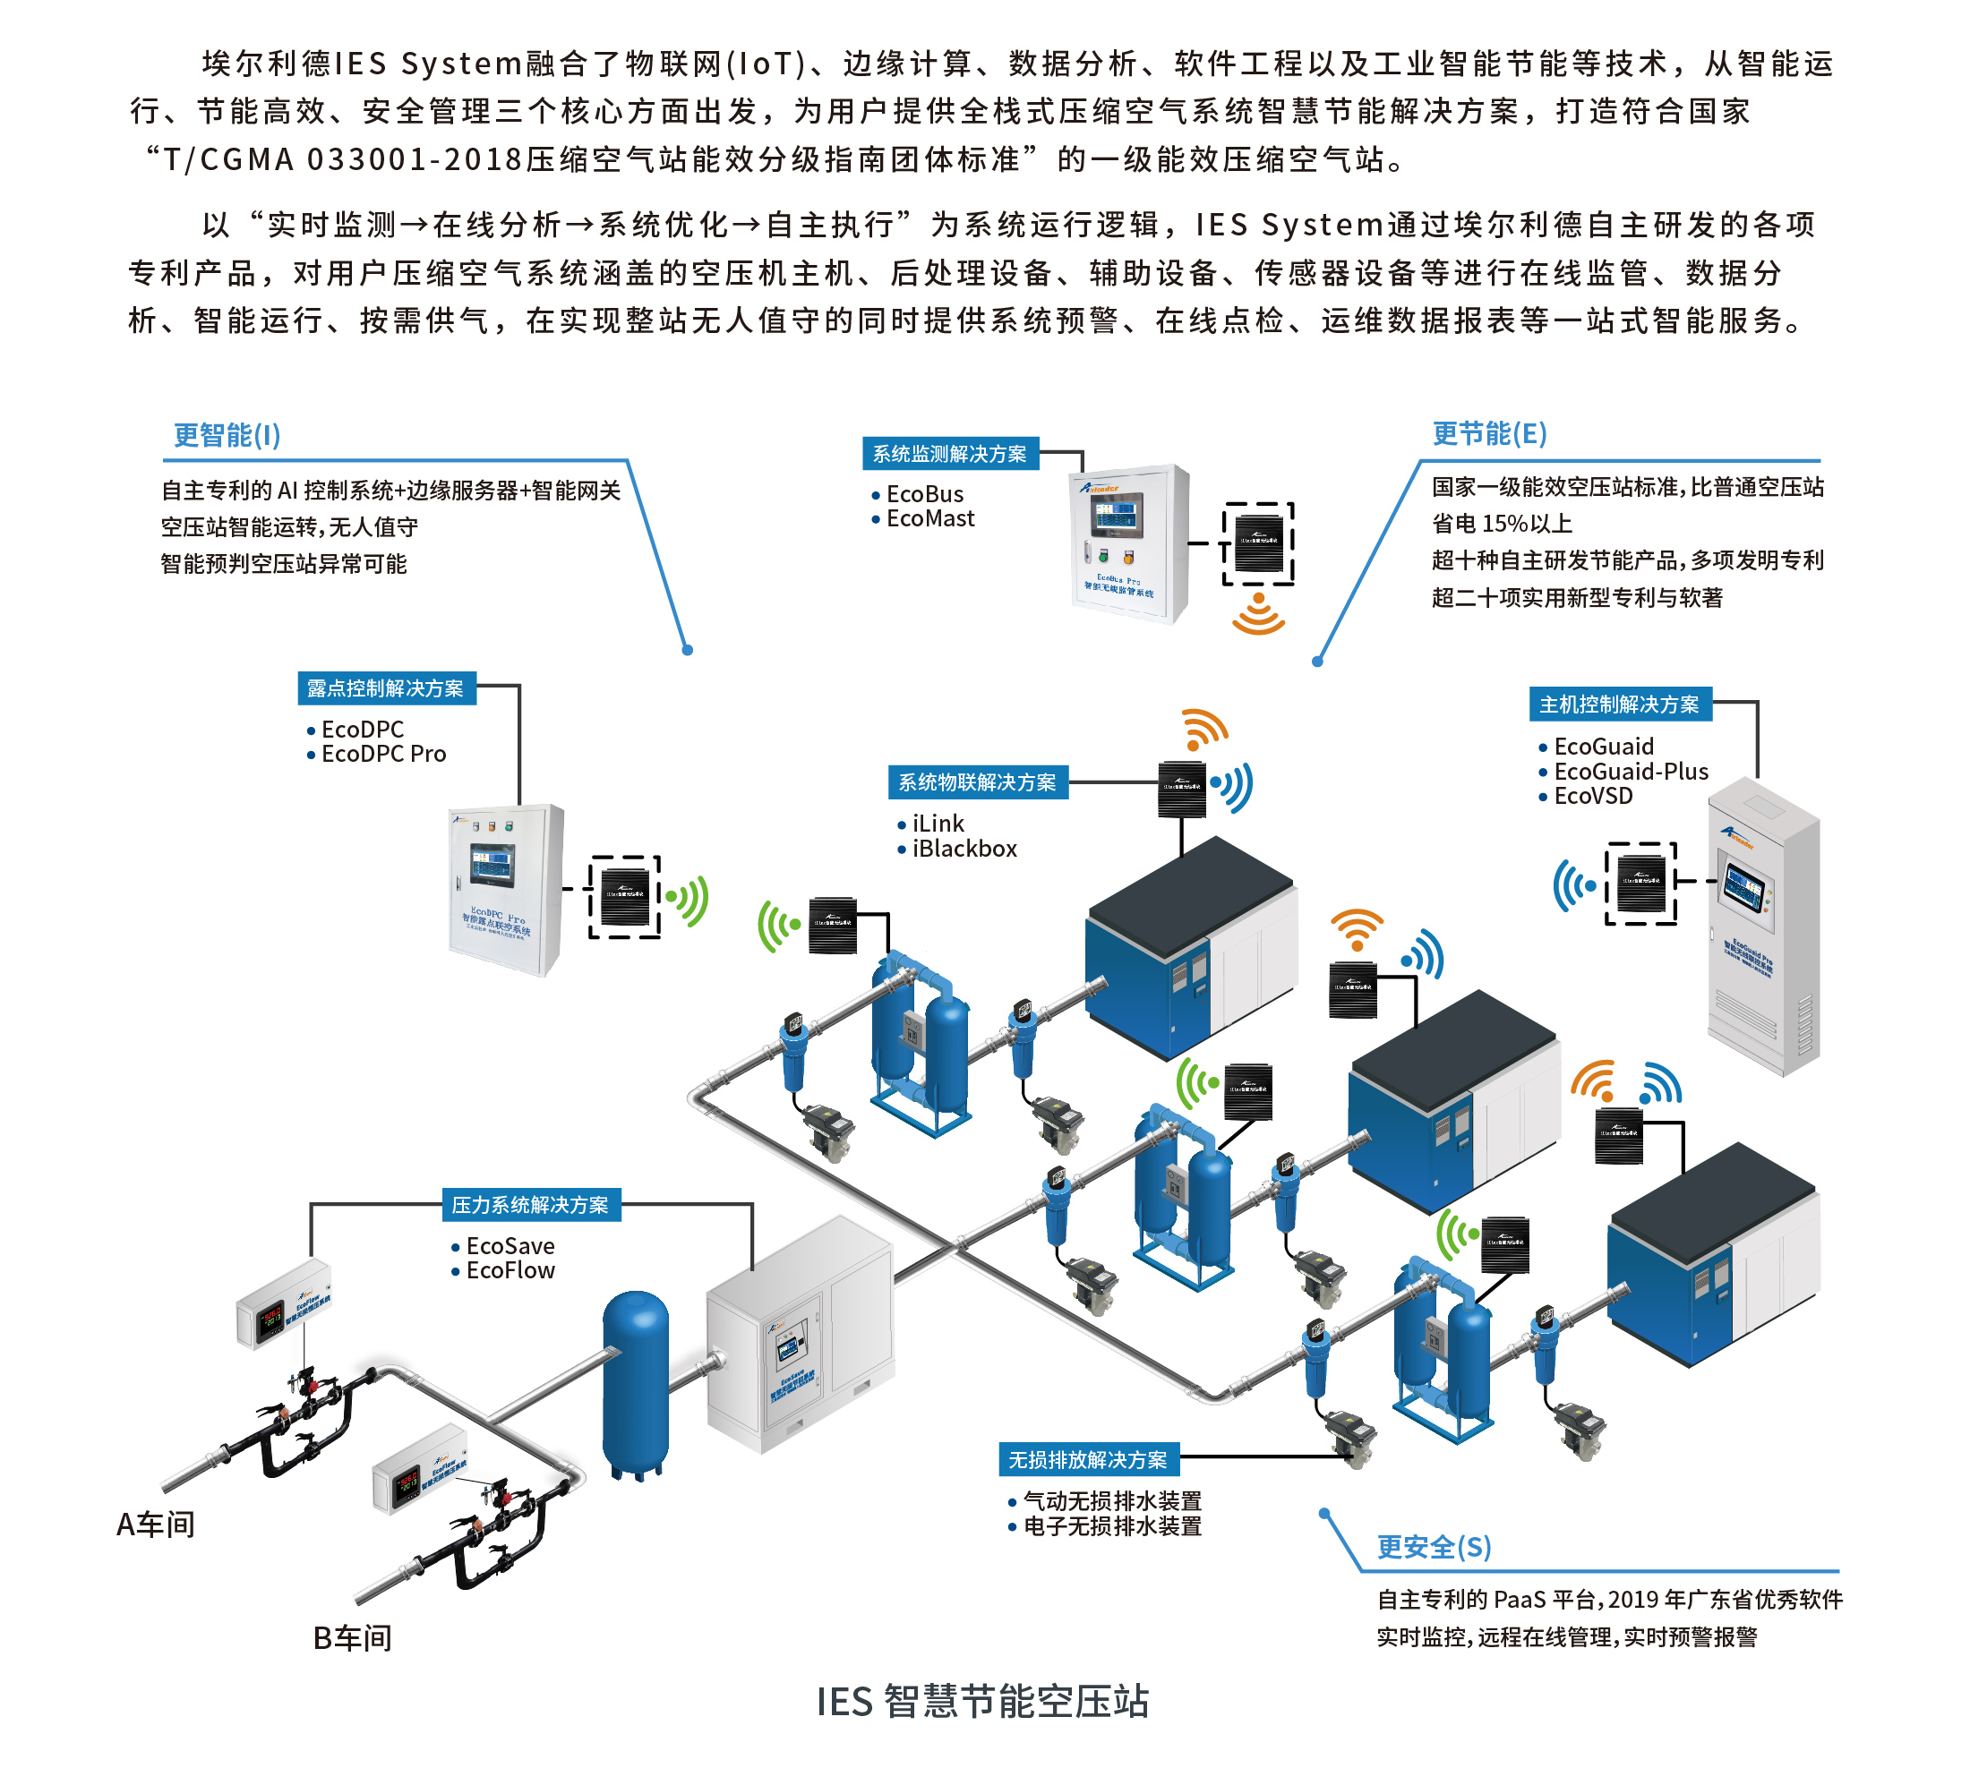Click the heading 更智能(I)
227,435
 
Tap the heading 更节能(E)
1489,433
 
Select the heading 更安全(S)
1434,1547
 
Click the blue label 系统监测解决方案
949,454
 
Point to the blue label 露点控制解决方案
386,688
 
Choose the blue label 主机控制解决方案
1619,705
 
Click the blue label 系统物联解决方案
977,782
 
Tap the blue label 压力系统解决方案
531,1205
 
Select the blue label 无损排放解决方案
1088,1459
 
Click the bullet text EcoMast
930,518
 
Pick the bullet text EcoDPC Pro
384,754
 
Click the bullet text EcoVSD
1593,797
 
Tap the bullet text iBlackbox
964,849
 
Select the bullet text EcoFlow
510,1270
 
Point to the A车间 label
156,1525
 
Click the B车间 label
353,1638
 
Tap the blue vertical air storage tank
636,1379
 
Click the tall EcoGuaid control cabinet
1763,927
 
